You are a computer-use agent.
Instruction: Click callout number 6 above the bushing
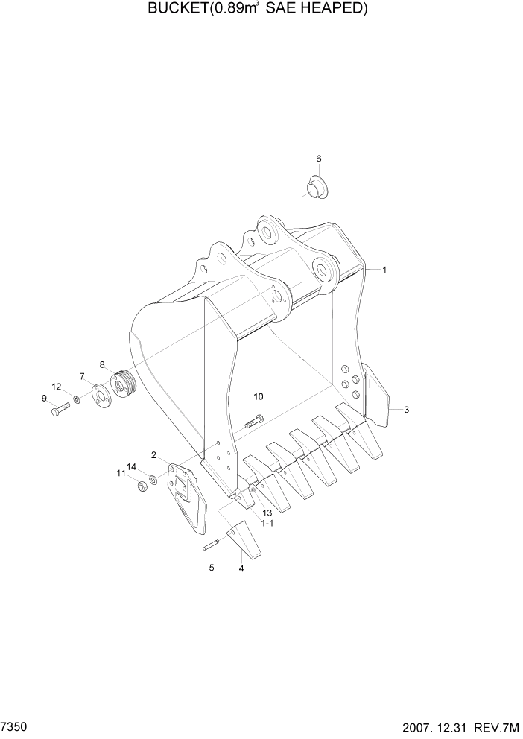tap(319, 159)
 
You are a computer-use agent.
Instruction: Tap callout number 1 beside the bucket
tap(384, 270)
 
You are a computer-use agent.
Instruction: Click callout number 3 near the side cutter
tap(406, 410)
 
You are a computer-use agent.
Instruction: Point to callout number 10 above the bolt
tap(259, 396)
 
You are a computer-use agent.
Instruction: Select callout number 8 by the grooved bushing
tap(102, 365)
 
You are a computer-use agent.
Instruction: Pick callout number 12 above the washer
tap(56, 386)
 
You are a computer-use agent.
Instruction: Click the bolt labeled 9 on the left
tap(59, 409)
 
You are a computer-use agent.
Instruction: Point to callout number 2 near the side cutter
tap(153, 455)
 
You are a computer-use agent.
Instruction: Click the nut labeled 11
tap(139, 487)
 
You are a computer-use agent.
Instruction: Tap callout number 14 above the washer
tap(131, 467)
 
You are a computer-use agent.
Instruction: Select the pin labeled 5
tap(210, 546)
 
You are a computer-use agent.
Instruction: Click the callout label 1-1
tap(267, 524)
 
